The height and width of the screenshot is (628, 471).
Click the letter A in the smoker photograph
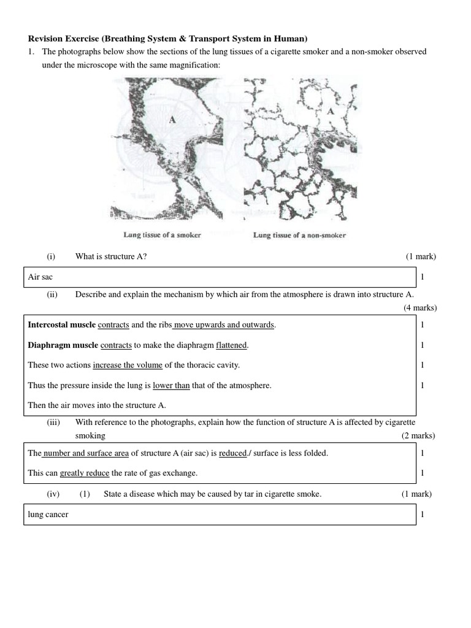pos(172,121)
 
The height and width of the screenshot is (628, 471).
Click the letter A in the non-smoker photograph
pos(331,112)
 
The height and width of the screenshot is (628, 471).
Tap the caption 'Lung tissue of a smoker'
pos(162,235)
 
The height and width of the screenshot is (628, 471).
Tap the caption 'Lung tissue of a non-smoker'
pos(299,235)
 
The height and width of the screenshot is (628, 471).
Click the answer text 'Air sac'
pos(40,277)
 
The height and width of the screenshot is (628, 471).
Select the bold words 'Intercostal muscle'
pos(61,325)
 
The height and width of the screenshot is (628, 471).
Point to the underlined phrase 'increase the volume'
pos(128,366)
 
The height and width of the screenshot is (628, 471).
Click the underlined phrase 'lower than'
pos(171,386)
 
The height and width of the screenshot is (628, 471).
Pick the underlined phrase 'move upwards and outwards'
pos(224,325)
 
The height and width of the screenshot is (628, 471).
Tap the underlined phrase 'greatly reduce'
pos(84,473)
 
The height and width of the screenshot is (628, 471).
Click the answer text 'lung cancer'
pos(48,515)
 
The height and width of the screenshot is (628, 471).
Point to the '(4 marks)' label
pos(420,308)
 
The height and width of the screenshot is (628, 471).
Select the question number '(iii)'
pos(55,423)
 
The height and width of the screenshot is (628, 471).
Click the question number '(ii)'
pos(52,294)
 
